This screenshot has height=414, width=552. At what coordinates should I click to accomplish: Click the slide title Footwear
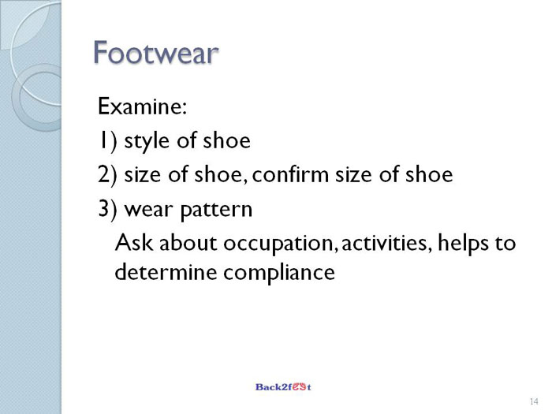click(x=155, y=53)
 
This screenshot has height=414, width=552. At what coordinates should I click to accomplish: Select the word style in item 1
click(x=146, y=141)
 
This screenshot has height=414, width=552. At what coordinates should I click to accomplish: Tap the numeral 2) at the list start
click(x=107, y=175)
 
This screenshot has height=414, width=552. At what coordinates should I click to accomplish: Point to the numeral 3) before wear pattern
click(x=107, y=210)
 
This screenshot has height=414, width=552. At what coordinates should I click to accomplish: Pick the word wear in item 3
click(x=148, y=210)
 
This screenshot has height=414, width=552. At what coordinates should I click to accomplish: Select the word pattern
click(x=216, y=211)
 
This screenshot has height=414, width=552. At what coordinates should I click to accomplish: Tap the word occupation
click(x=278, y=244)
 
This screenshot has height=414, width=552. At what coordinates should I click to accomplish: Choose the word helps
click(x=463, y=243)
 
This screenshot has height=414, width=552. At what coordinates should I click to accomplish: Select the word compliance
click(x=279, y=273)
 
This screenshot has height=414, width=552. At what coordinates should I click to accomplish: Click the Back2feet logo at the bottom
click(x=283, y=387)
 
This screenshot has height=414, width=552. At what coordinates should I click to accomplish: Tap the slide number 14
click(x=534, y=401)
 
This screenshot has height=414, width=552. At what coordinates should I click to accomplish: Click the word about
click(x=188, y=243)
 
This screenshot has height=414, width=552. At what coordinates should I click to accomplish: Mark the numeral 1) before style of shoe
click(x=107, y=141)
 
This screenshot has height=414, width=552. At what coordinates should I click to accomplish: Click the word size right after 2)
click(x=142, y=174)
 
